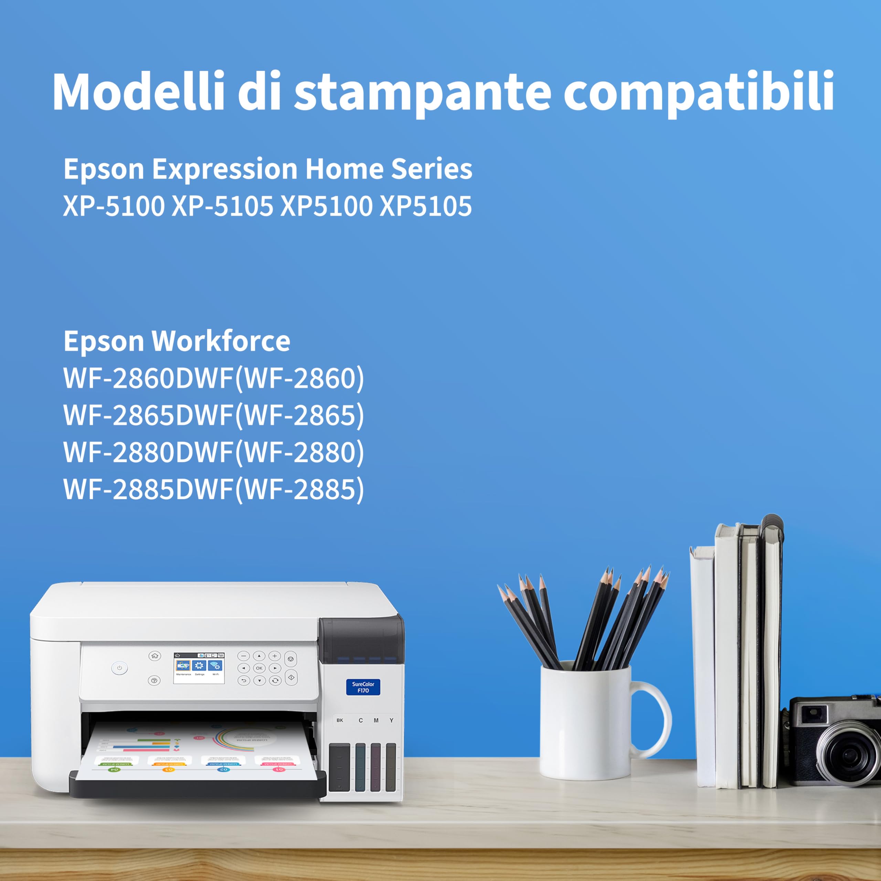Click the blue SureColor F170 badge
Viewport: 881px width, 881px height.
[x=363, y=687]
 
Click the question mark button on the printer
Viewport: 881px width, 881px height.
[x=154, y=681]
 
